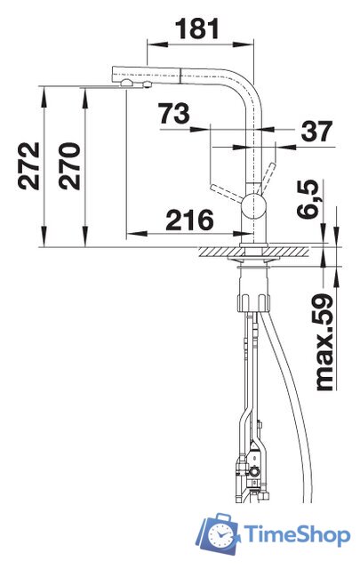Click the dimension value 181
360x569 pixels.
(x=197, y=29)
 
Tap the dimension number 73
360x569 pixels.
(x=174, y=114)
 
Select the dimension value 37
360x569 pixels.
(x=316, y=131)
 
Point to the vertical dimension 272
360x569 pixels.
(x=28, y=166)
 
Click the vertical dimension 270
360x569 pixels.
(x=69, y=166)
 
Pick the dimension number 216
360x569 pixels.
(x=190, y=220)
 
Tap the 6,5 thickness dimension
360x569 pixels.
(x=308, y=199)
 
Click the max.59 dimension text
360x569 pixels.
(x=324, y=343)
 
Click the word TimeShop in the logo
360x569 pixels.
(x=297, y=534)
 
